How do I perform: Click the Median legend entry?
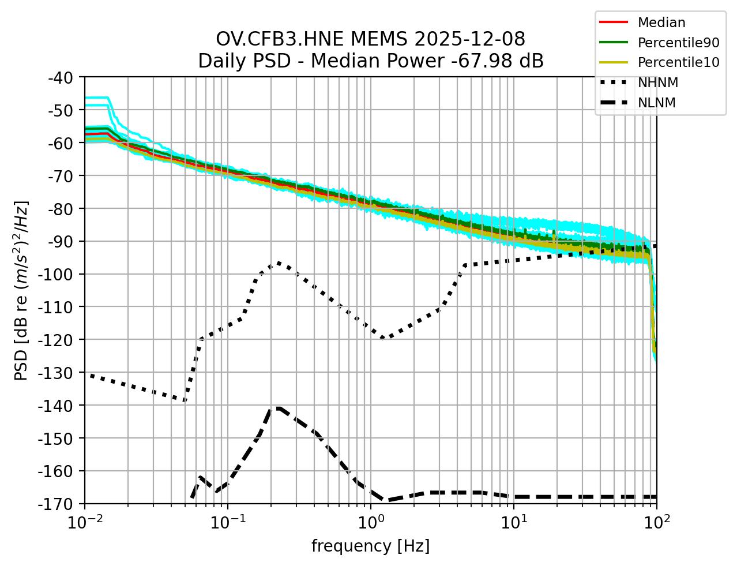point(661,23)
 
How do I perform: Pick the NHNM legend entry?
point(657,83)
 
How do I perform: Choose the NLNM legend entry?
point(656,103)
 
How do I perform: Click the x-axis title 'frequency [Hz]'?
point(370,546)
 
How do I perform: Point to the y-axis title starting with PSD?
point(21,290)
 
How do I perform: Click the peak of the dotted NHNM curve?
point(279,263)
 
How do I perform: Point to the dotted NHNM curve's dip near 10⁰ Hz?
point(382,339)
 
